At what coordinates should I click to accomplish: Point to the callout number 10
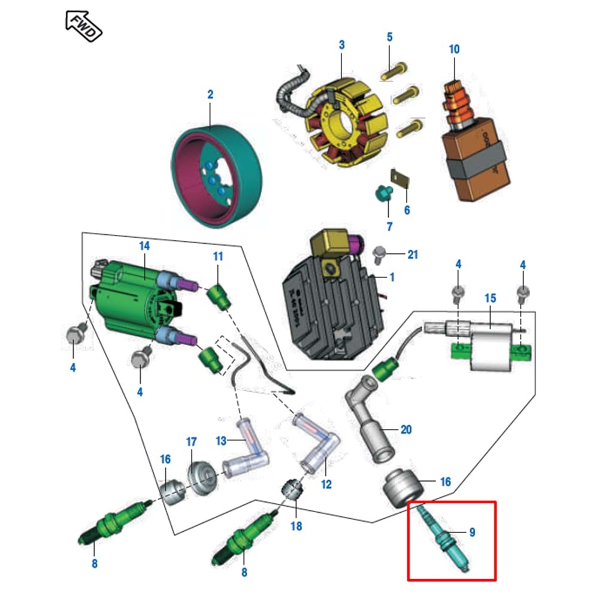click(454, 49)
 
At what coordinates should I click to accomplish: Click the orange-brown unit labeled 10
click(475, 156)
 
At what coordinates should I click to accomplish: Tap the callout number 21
click(412, 255)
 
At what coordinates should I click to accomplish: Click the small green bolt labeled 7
click(381, 193)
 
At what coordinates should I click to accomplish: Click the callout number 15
click(490, 298)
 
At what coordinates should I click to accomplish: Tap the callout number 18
click(297, 526)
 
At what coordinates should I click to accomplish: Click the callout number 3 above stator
click(341, 45)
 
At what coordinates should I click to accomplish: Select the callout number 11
click(218, 256)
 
